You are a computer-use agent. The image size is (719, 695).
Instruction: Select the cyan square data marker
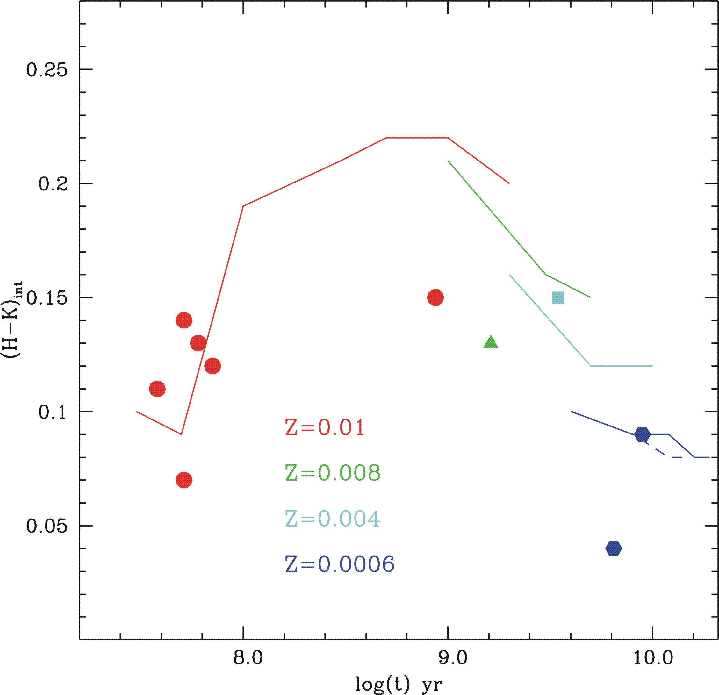click(558, 297)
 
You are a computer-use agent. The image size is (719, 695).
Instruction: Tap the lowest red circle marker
click(184, 480)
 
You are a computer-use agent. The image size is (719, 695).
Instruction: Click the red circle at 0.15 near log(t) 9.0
click(435, 297)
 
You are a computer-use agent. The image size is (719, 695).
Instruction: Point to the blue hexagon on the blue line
click(642, 434)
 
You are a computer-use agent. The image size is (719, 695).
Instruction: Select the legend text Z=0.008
click(333, 473)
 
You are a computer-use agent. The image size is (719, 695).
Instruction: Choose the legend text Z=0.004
click(333, 519)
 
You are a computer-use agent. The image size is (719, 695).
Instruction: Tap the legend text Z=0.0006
click(340, 564)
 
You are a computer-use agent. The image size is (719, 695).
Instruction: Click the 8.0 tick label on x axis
click(248, 648)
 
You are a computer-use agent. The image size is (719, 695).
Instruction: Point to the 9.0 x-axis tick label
click(453, 648)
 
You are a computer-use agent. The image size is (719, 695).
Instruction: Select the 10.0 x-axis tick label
click(653, 648)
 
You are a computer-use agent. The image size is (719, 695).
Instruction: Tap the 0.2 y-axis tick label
click(53, 184)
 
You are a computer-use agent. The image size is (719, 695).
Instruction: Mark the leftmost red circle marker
click(157, 389)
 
